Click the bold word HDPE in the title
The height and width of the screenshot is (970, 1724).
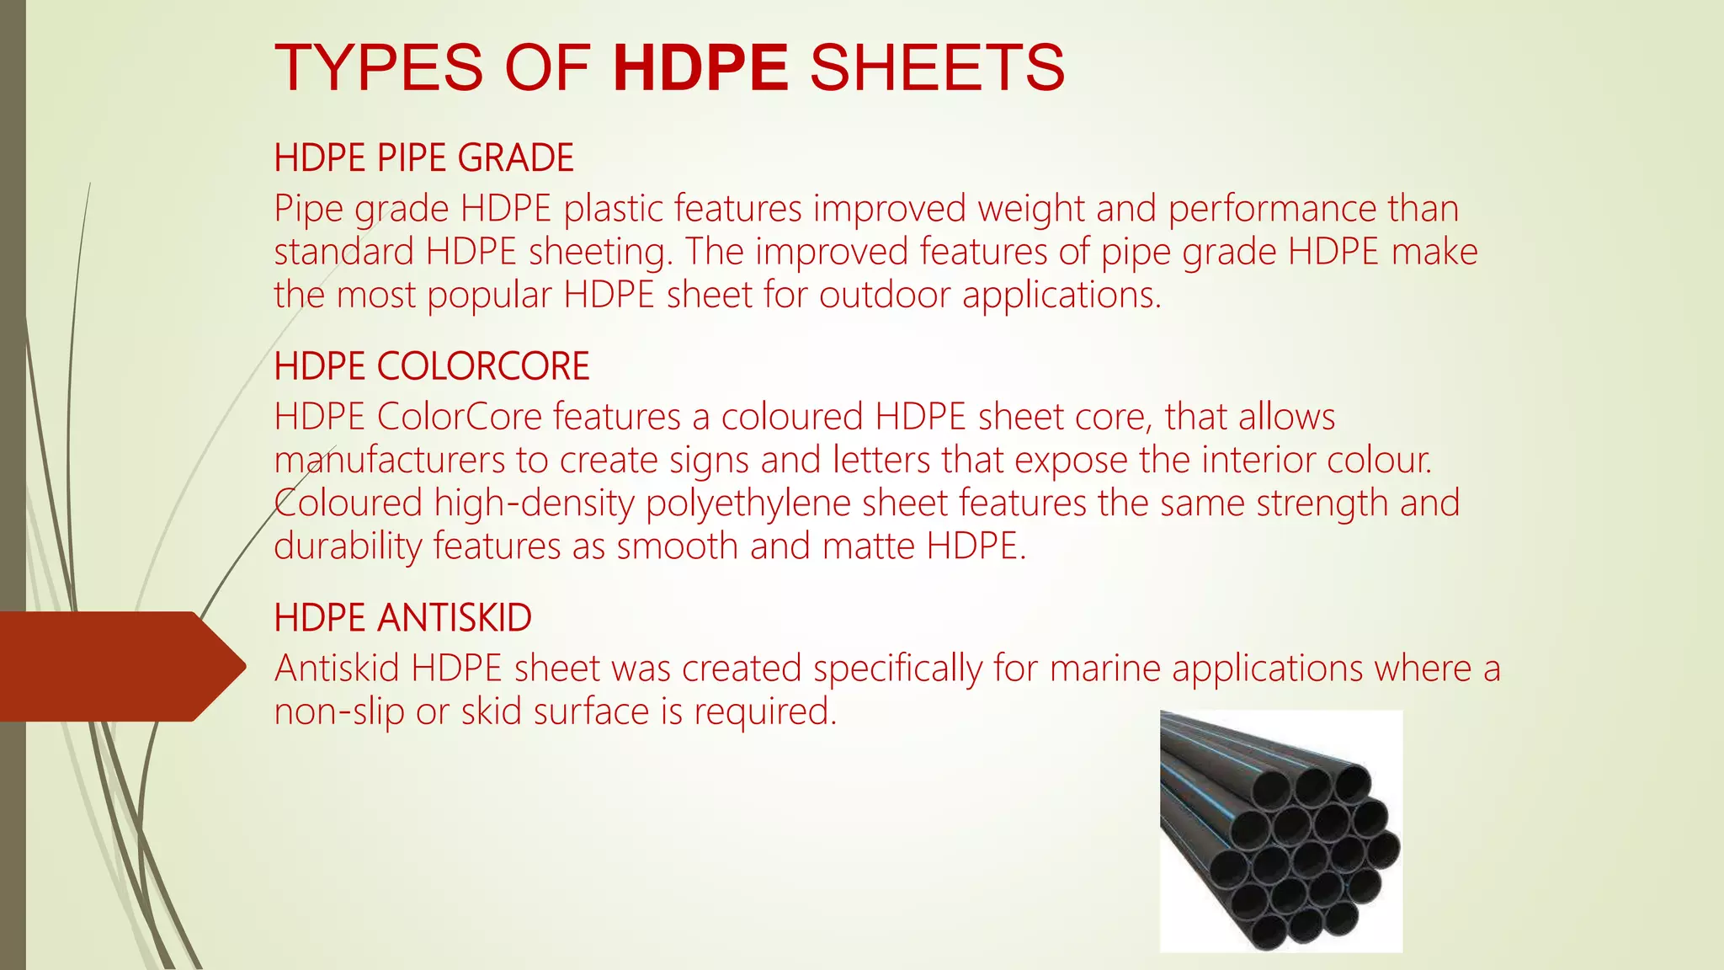700,67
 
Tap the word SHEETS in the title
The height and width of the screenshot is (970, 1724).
937,67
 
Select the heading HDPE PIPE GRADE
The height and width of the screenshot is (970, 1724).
423,158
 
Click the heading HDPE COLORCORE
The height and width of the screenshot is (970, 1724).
432,366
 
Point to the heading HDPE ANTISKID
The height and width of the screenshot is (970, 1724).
402,618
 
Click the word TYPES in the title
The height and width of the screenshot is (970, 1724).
379,67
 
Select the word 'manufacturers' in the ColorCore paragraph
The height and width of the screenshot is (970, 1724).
389,460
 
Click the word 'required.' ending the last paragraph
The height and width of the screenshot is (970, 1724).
765,712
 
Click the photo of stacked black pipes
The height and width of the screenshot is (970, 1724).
1280,831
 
